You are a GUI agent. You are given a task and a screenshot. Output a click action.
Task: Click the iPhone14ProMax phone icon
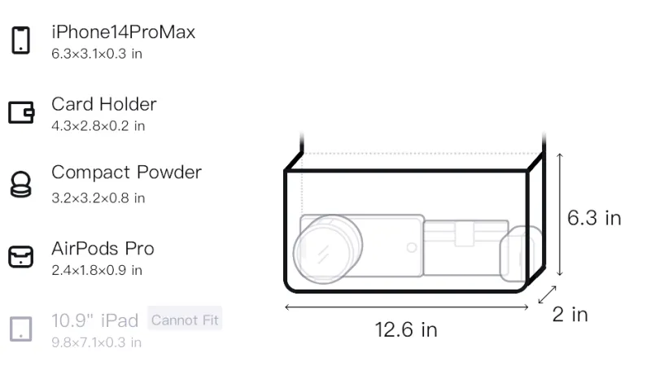[21, 40]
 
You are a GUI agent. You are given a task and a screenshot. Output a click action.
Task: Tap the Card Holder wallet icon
[21, 112]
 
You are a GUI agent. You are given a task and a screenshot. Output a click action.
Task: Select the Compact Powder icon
[21, 184]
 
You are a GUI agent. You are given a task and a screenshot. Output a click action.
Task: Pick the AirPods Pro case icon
[21, 256]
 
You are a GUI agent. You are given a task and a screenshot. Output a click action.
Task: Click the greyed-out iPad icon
[21, 329]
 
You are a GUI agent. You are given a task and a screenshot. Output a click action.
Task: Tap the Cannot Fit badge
[185, 320]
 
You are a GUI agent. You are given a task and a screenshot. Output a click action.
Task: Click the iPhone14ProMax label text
[124, 32]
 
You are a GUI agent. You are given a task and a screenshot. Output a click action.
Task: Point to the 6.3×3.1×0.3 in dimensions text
[97, 54]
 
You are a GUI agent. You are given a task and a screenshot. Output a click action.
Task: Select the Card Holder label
[104, 104]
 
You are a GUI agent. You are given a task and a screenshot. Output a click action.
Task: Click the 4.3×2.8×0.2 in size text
[98, 126]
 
